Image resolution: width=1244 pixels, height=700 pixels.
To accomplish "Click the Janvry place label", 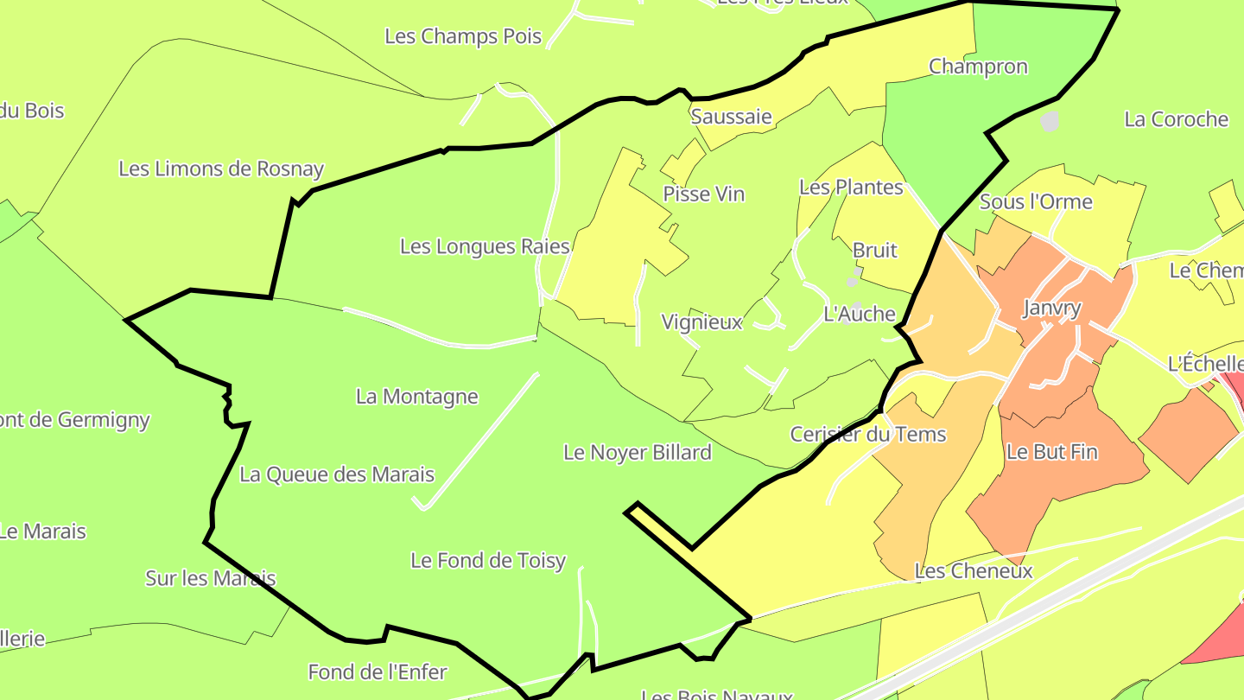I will coord(1051,309).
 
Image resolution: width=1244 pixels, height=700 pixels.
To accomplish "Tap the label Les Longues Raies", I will coord(485,246).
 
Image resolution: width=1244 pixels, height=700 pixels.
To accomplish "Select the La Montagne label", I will coord(416,397).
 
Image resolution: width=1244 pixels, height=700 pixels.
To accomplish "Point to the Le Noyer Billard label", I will coord(638,452).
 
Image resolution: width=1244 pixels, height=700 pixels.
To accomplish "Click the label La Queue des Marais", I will coord(337,474).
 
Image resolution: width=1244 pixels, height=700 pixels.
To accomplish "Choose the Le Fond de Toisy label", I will coord(488,561).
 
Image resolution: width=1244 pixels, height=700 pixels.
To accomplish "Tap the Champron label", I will coord(978,67).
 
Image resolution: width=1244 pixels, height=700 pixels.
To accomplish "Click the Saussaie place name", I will coord(731,117).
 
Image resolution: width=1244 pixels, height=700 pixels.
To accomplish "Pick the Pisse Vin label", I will coord(703,194).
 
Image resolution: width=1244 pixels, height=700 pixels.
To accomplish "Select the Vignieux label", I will coord(701,322).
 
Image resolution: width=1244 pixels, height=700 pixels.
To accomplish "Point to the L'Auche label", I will coord(860,314).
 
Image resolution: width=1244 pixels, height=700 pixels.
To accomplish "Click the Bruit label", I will coord(875,251).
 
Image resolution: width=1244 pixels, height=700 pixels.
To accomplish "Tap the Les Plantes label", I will coord(851,188).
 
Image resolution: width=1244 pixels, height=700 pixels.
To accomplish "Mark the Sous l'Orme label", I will coord(1036,202).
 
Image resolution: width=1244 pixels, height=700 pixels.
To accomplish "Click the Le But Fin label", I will coord(1051,451).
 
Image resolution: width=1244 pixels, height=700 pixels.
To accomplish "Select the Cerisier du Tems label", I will coord(868,434).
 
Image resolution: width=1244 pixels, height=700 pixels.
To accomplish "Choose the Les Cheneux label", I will coord(974,571).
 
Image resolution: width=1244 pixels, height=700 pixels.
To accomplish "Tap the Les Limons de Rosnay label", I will coord(221,169).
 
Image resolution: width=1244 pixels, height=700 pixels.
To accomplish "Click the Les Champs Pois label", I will coord(463,36).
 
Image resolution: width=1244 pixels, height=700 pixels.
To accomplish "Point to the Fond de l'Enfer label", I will coord(378,671).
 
